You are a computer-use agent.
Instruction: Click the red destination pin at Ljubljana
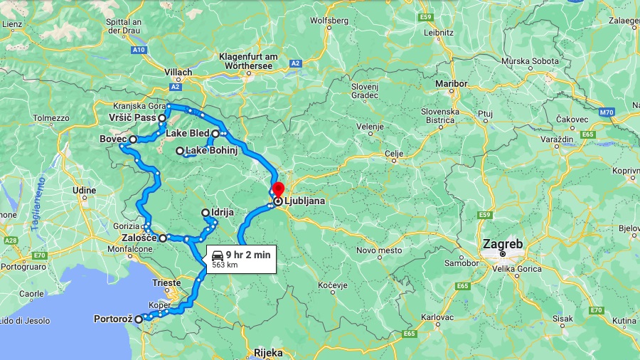278,189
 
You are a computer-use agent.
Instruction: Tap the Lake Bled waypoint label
188,133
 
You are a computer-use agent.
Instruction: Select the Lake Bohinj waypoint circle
180,151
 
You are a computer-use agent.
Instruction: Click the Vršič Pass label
133,117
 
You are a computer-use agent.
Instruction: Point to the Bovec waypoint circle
133,139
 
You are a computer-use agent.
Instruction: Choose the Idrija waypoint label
223,212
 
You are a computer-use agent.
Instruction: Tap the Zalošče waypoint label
139,238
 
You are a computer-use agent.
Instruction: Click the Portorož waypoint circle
139,319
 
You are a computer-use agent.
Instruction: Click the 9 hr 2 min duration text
247,255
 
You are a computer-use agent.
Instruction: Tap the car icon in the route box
218,255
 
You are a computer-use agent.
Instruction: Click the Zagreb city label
503,244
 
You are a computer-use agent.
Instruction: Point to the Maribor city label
451,84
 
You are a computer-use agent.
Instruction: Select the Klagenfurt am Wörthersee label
248,61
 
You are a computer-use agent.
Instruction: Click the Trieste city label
166,282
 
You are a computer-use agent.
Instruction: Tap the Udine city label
84,190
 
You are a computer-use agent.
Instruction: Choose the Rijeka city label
268,353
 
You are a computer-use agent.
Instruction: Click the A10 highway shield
139,50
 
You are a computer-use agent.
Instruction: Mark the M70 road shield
607,112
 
